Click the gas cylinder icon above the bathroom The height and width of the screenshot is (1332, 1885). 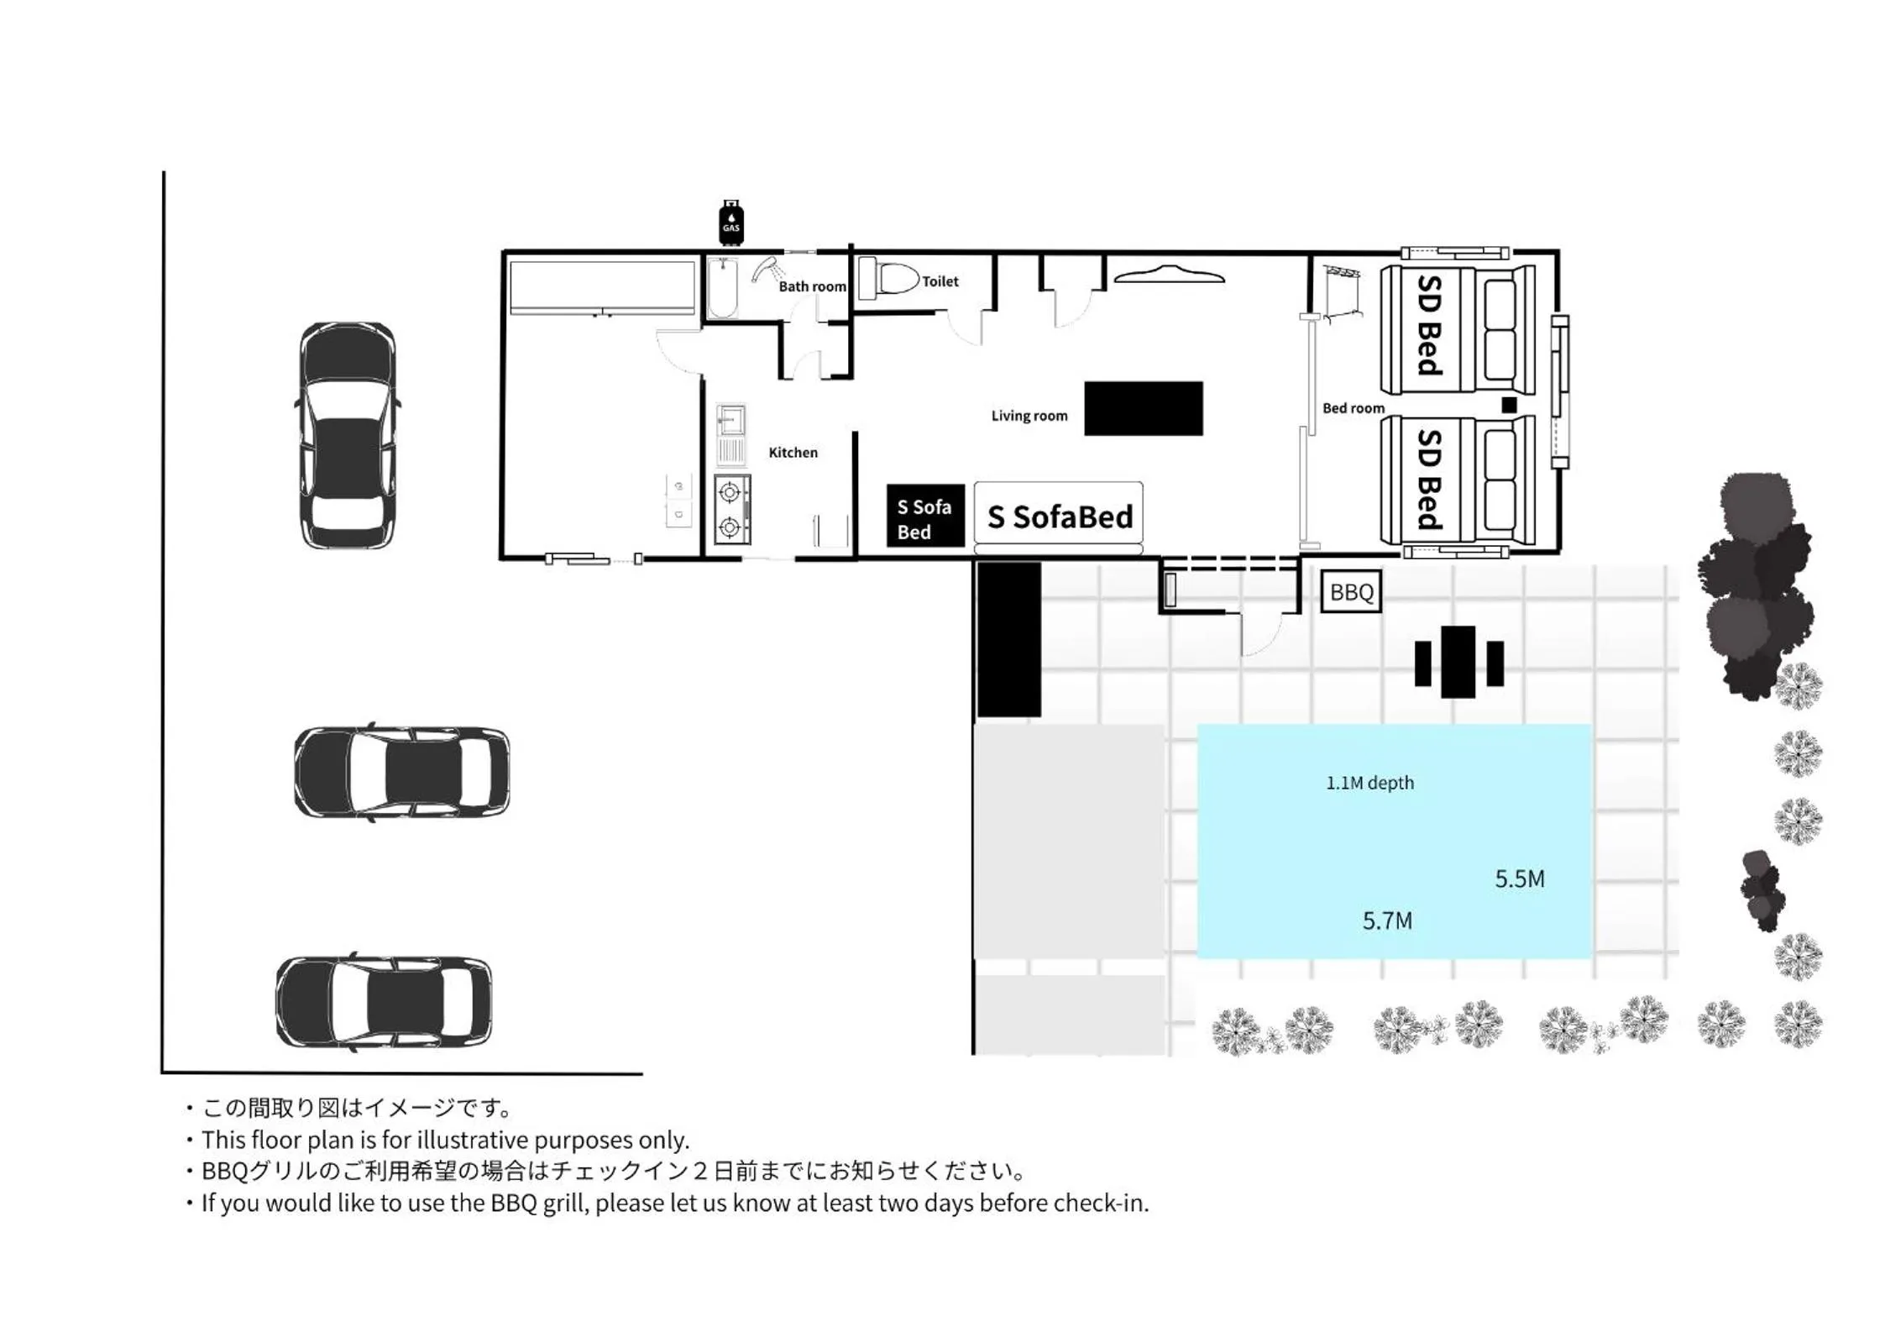point(730,223)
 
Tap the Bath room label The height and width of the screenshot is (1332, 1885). point(812,286)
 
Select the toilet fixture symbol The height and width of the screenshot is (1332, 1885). point(889,279)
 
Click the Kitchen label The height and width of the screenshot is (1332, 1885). point(793,453)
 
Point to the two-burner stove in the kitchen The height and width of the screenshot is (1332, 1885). point(731,510)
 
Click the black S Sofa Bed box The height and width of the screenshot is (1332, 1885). point(924,517)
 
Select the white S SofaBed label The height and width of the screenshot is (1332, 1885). point(1059,517)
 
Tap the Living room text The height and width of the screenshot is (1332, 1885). point(1029,416)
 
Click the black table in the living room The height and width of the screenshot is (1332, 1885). point(1143,409)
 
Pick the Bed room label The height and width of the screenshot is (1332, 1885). point(1353,408)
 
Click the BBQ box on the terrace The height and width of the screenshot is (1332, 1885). point(1350,592)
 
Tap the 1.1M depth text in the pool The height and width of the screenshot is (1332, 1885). point(1369,783)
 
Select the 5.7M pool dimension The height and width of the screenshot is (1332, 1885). point(1386,921)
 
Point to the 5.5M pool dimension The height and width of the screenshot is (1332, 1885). point(1519,879)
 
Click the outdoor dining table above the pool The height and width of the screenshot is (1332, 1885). point(1458,662)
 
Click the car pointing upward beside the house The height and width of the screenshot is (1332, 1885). point(347,435)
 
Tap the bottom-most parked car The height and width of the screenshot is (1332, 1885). point(384,1001)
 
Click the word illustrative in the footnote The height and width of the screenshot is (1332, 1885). point(473,1140)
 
